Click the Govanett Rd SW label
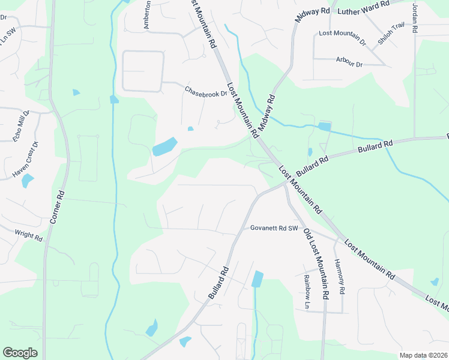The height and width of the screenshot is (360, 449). pos(274,228)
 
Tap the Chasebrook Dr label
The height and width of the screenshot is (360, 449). pos(206,92)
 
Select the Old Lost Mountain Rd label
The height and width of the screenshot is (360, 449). pos(316,264)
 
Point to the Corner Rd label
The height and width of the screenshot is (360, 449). pos(56,208)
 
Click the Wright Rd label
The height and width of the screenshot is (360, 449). pos(29,235)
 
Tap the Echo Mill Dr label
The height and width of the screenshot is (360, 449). pos(21,126)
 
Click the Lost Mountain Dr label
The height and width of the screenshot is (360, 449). pos(342,37)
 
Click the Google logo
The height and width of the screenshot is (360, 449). pos(20,353)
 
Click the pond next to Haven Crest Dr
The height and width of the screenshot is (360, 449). pos(28,181)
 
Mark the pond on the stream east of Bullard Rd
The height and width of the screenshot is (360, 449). pos(258,279)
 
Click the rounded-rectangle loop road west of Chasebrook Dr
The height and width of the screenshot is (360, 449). pos(143,71)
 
